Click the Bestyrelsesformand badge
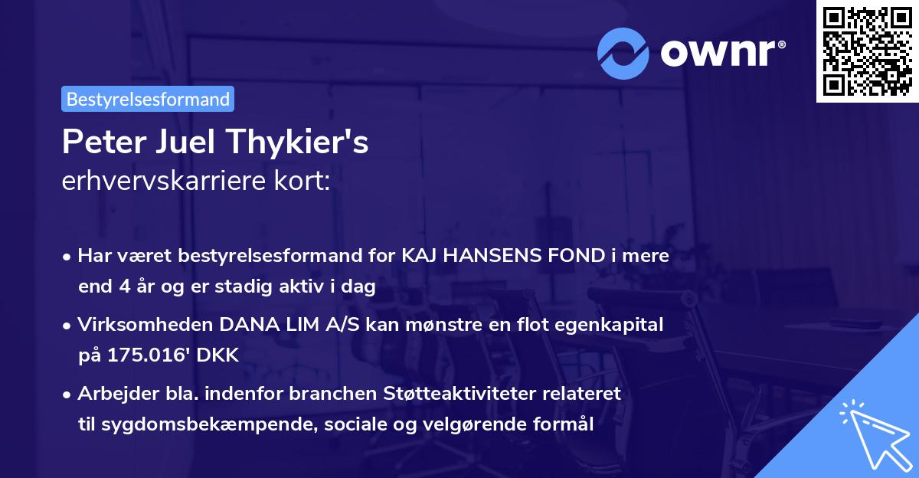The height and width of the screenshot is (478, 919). pos(148,99)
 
